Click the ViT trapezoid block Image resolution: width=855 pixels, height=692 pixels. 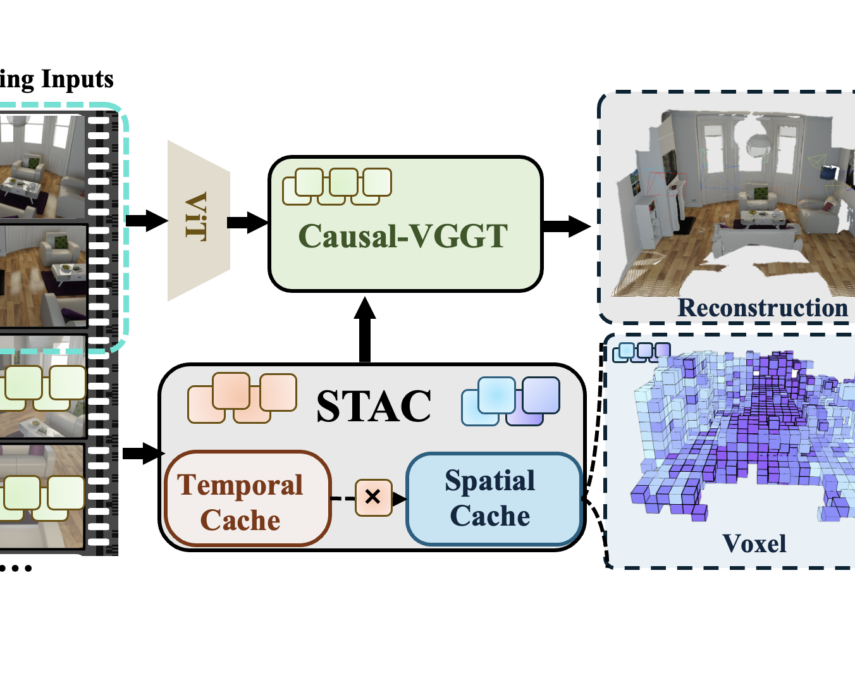[x=198, y=221]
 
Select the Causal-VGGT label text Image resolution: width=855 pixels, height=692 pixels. [x=403, y=237]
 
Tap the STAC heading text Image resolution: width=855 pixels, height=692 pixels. [x=374, y=405]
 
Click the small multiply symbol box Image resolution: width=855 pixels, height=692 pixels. [x=373, y=497]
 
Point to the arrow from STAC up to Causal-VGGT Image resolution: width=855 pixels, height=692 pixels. [x=365, y=329]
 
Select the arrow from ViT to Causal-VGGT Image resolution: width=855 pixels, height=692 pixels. [x=247, y=222]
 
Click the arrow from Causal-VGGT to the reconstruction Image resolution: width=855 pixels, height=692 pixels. [x=567, y=226]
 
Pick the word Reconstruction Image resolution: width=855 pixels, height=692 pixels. [x=763, y=308]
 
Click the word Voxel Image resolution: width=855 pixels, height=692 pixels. [x=754, y=543]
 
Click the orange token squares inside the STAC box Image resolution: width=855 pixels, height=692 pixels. [x=242, y=398]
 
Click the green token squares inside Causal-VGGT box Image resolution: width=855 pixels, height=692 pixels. [x=336, y=186]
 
